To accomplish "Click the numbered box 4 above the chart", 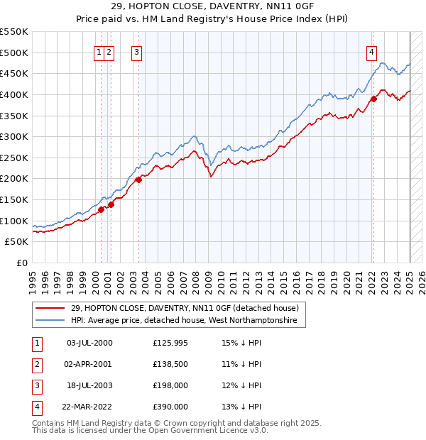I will tap(371, 51).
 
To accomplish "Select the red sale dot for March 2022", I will tap(373, 99).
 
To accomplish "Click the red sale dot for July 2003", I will tap(138, 180).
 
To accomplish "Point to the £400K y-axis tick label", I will tap(14, 94).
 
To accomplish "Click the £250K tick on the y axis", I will tap(14, 158).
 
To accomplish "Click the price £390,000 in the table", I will tap(170, 407).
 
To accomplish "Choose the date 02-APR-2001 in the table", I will tap(89, 364).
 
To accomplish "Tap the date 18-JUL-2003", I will tap(89, 385).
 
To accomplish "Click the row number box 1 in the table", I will tap(37, 343).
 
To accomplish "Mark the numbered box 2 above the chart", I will tap(109, 51).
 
